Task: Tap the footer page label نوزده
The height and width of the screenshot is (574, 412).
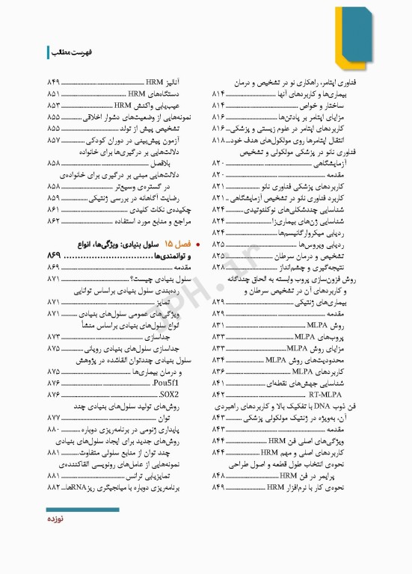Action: pyautogui.click(x=59, y=519)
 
